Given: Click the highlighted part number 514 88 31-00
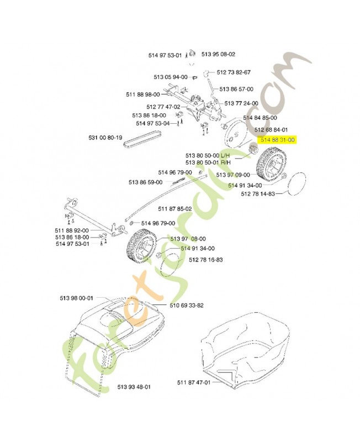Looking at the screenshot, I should pyautogui.click(x=278, y=140).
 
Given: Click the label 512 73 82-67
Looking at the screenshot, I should pyautogui.click(x=234, y=72).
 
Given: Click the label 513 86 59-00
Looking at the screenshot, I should pyautogui.click(x=145, y=182).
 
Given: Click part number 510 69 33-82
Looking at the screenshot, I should pyautogui.click(x=187, y=305).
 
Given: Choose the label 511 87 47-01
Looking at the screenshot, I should pyautogui.click(x=194, y=382).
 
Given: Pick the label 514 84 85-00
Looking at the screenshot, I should pyautogui.click(x=260, y=118).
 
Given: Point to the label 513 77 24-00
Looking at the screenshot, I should pyautogui.click(x=241, y=103).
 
